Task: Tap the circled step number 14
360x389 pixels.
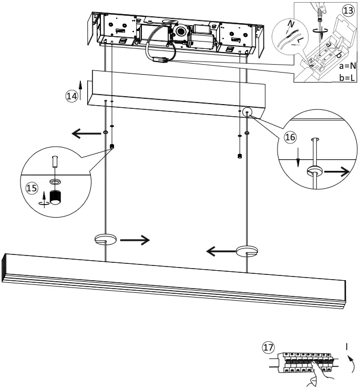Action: (x=71, y=96)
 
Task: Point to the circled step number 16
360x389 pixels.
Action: (x=290, y=137)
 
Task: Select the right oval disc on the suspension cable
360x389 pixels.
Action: (x=246, y=251)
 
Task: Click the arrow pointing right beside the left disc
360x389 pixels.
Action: (x=135, y=241)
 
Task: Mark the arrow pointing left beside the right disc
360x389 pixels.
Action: (x=220, y=252)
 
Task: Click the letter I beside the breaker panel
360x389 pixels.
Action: (x=347, y=346)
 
